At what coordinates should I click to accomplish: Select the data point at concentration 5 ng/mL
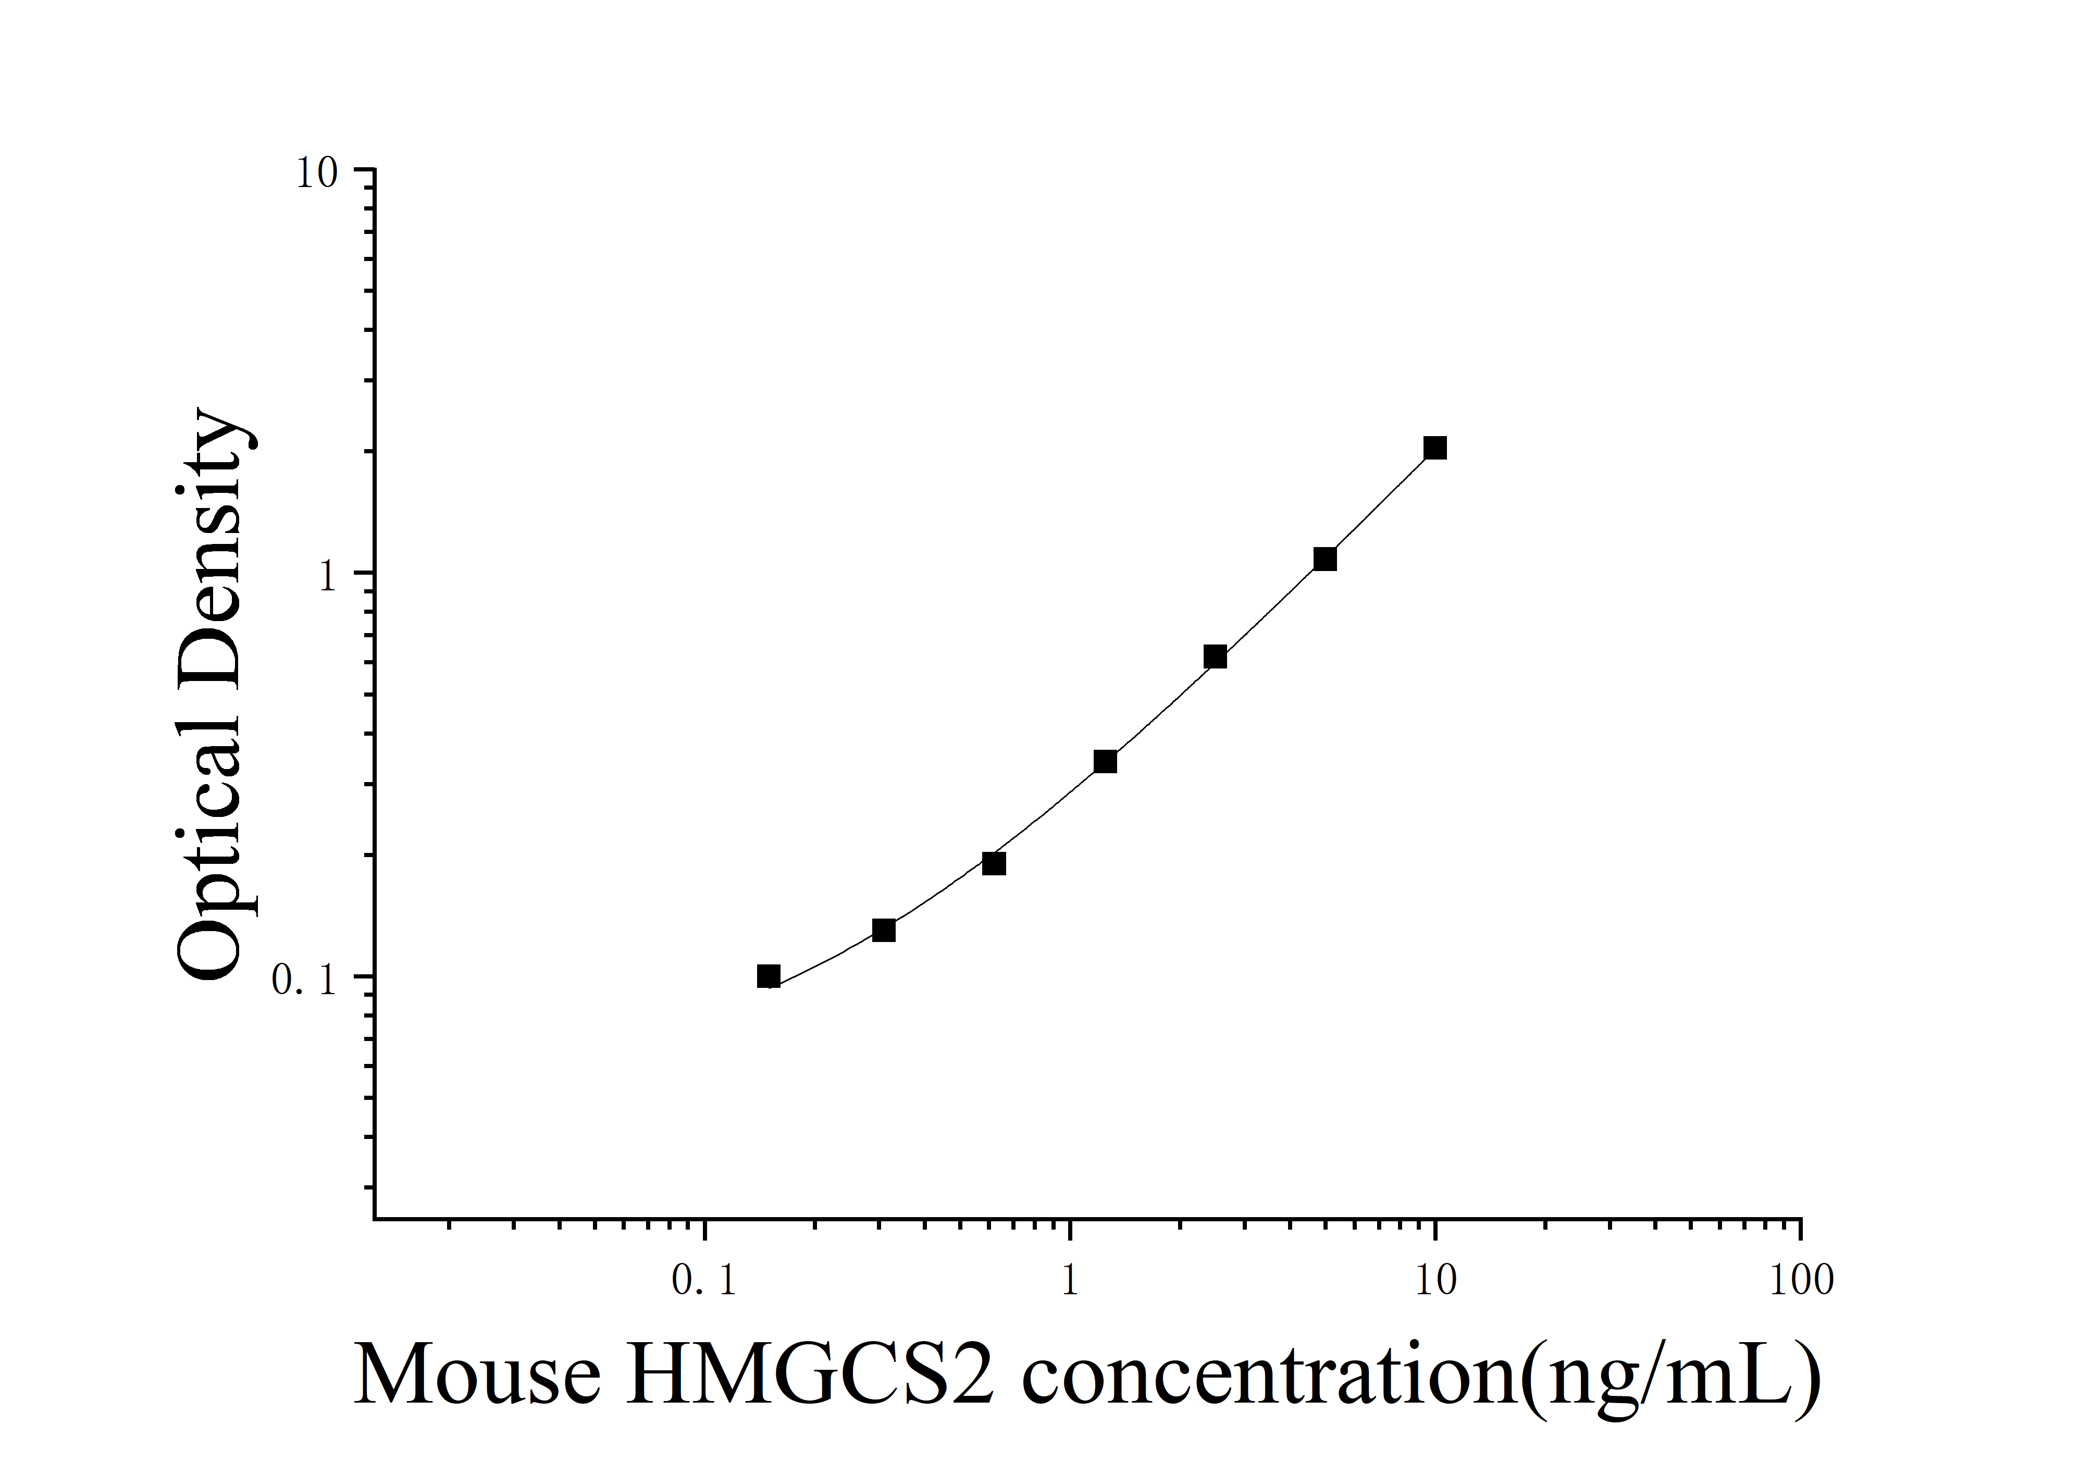pyautogui.click(x=1325, y=559)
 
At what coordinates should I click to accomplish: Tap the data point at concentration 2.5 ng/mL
pyautogui.click(x=1215, y=657)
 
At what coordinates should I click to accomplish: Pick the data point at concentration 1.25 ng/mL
pyautogui.click(x=1105, y=762)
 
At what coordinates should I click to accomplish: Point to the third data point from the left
pyautogui.click(x=994, y=863)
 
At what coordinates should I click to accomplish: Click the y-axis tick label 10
pyautogui.click(x=316, y=173)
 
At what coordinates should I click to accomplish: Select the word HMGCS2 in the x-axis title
pyautogui.click(x=810, y=1376)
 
